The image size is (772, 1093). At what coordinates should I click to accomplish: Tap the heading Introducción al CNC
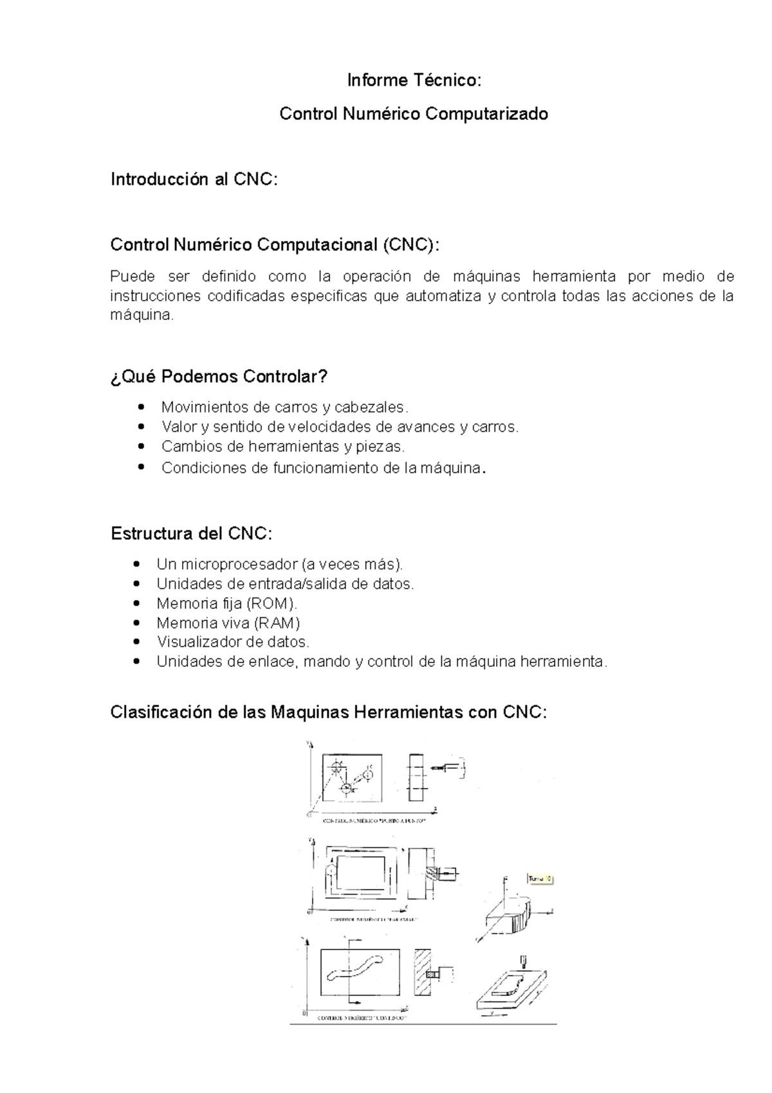coord(194,179)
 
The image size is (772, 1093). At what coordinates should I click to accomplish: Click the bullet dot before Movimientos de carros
coord(142,407)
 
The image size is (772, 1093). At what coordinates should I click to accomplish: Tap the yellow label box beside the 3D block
coord(540,879)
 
